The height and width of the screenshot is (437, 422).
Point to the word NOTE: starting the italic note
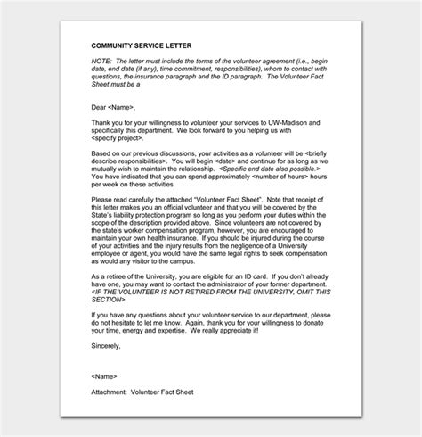[x=101, y=60]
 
